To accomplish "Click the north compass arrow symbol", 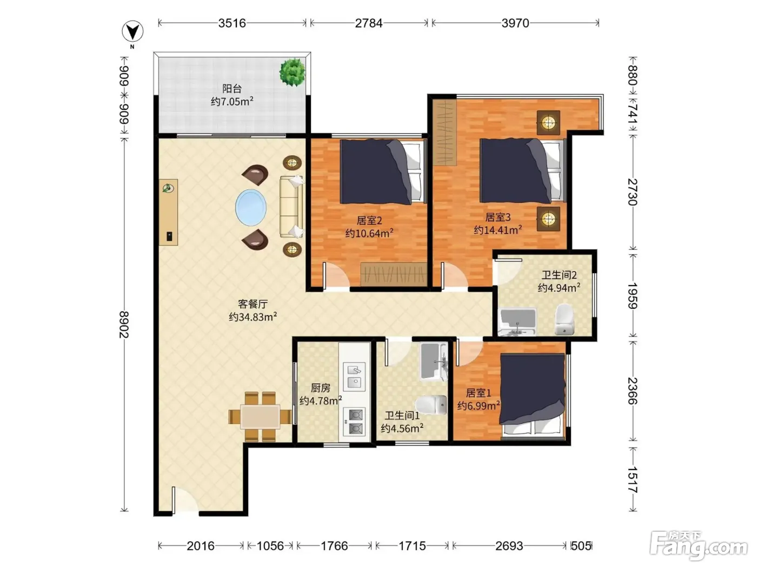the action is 133,31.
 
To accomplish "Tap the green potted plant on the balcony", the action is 293,72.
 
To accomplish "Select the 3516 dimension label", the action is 232,23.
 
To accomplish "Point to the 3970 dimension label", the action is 515,23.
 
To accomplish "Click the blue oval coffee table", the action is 251,208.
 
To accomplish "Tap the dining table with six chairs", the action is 260,417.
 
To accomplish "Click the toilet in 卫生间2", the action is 564,319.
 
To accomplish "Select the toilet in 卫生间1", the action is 431,405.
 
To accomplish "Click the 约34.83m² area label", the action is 253,316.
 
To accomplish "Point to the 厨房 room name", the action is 321,388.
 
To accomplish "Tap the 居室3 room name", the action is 497,217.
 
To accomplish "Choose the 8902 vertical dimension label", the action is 124,325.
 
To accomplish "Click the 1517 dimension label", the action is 633,480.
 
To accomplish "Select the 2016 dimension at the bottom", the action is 201,546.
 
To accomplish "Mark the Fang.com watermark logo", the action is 699,546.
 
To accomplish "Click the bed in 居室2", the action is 383,171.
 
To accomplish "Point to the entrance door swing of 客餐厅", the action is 184,500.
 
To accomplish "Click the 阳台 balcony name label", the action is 232,89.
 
